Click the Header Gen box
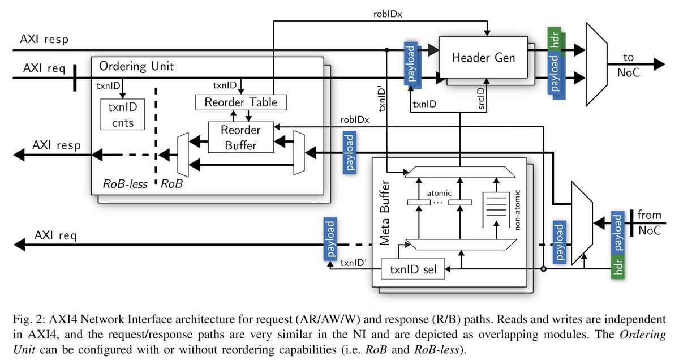point(482,57)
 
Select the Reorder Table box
point(240,102)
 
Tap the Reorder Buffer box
point(240,137)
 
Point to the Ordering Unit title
point(136,66)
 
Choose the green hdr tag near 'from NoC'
point(617,268)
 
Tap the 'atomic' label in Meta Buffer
point(439,192)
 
